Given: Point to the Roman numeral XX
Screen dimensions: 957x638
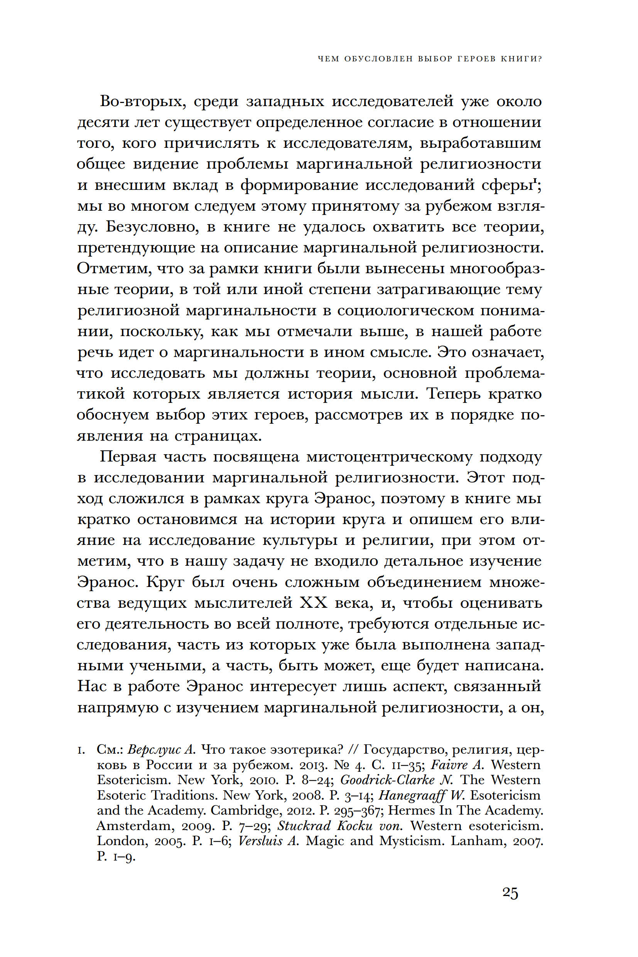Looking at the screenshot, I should tap(314, 603).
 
